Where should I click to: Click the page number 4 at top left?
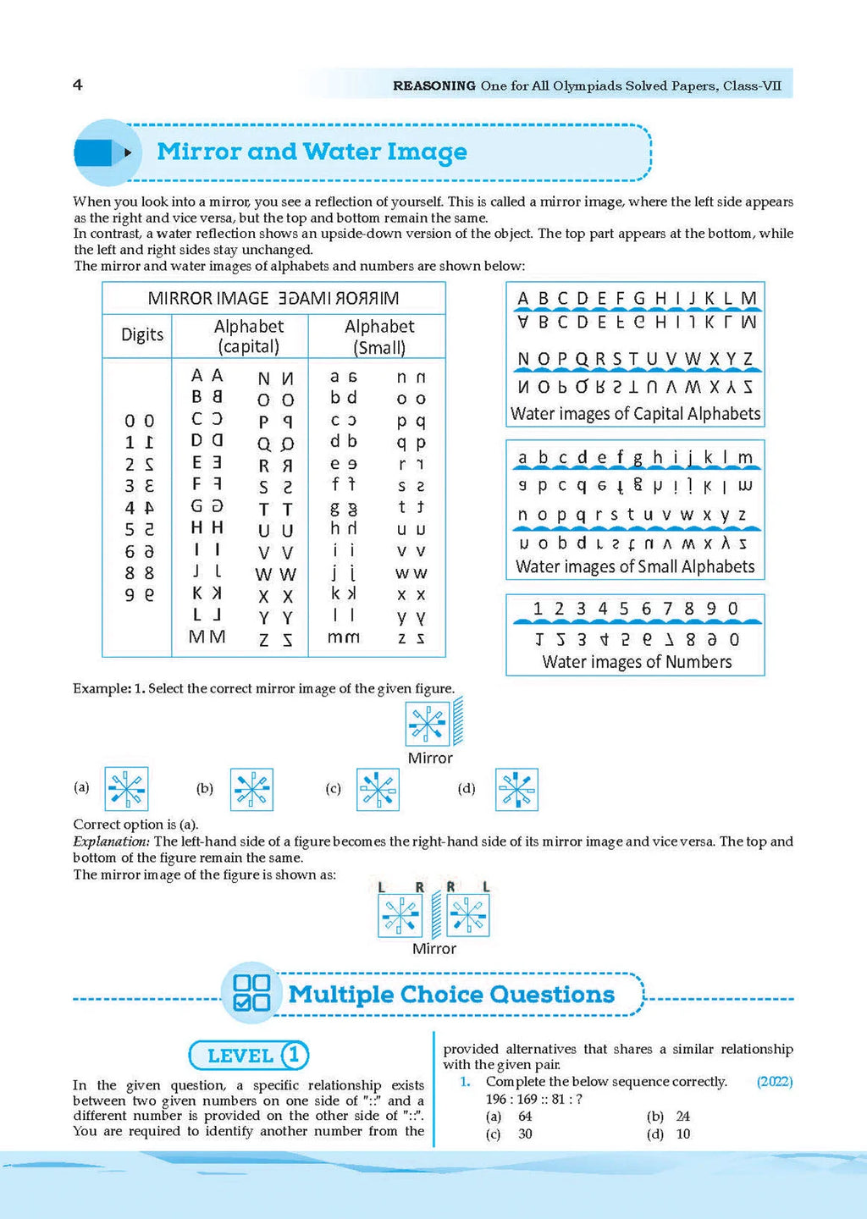point(78,85)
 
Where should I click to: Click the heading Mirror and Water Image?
point(312,152)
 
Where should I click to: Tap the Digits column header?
point(142,334)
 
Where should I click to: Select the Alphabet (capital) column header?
point(248,336)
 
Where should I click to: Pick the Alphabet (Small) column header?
point(379,336)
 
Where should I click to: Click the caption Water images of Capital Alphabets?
point(635,414)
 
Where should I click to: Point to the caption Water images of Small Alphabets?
point(635,566)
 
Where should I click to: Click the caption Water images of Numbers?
point(637,662)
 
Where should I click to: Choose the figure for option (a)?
point(126,789)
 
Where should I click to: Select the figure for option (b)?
point(251,789)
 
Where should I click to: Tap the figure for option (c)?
point(378,789)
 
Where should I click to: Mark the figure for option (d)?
point(516,789)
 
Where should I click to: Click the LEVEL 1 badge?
point(248,1056)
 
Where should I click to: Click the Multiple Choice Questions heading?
point(451,995)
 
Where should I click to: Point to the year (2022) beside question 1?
point(774,1082)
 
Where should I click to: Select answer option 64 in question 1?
point(525,1117)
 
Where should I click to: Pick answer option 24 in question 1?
point(683,1117)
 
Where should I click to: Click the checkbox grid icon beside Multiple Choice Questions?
point(251,993)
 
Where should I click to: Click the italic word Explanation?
point(111,841)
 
